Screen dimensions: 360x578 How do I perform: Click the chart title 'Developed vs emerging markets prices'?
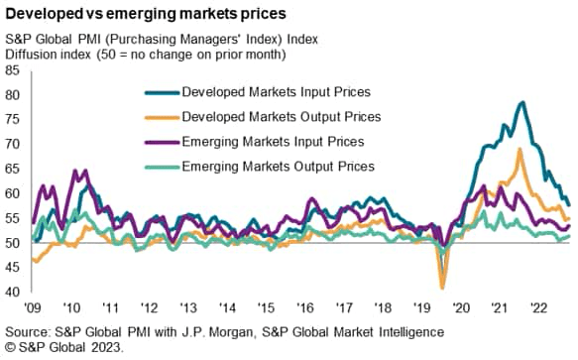[x=147, y=14]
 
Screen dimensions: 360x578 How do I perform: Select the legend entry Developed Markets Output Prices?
[x=280, y=117]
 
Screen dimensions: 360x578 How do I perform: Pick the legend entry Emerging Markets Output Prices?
[x=279, y=166]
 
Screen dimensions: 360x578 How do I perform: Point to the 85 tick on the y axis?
[x=12, y=71]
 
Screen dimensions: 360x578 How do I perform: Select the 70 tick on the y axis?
[x=12, y=145]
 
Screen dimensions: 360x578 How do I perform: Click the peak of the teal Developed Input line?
[x=521, y=102]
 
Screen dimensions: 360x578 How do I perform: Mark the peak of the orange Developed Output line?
[x=520, y=150]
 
